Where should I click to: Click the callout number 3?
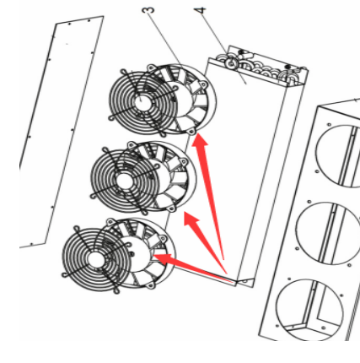[148, 10]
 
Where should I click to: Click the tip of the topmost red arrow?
[196, 135]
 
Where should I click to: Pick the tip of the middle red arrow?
[185, 214]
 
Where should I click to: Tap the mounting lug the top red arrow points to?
[194, 132]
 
